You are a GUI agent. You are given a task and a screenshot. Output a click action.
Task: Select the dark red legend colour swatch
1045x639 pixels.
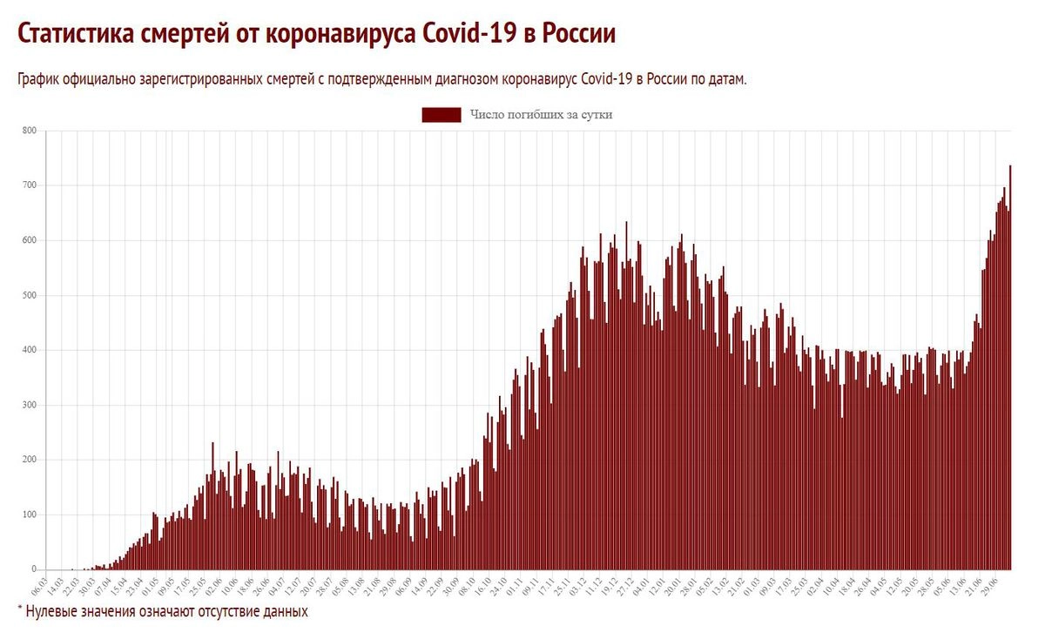pos(442,115)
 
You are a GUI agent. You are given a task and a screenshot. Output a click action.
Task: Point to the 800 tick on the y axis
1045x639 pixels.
pos(29,131)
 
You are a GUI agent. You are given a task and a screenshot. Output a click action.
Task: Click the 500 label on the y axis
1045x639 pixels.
pos(29,295)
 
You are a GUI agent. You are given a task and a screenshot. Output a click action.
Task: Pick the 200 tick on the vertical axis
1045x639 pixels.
pos(29,460)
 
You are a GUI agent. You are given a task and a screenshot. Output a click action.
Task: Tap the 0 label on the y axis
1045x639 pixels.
pos(33,569)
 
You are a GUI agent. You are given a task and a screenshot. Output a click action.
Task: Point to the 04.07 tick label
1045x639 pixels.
pos(279,582)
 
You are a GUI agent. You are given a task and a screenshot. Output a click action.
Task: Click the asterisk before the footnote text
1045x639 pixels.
pos(19,610)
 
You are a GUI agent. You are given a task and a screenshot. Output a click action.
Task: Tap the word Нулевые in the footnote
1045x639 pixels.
pos(53,612)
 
